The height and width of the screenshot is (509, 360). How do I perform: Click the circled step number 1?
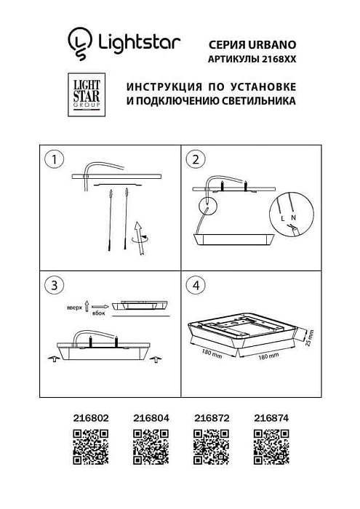click(x=51, y=159)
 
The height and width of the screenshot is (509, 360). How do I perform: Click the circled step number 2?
click(x=194, y=159)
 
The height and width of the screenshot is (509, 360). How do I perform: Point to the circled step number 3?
click(x=51, y=285)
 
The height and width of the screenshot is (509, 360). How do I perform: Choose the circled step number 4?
click(x=194, y=285)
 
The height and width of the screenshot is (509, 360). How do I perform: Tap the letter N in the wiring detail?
click(x=293, y=217)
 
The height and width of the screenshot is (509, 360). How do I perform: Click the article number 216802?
click(x=91, y=417)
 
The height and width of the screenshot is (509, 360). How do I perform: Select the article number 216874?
click(x=270, y=417)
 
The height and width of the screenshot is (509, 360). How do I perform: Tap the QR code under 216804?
click(x=151, y=446)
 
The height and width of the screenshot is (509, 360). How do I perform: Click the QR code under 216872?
click(x=210, y=446)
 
